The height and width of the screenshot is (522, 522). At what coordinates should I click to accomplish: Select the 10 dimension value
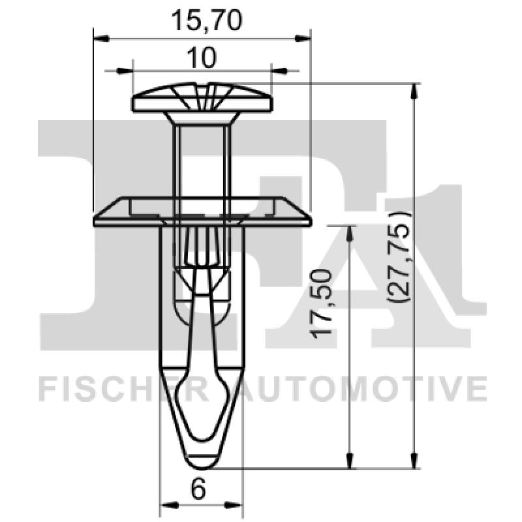(202, 58)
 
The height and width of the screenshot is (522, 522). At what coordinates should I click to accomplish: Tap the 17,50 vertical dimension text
(324, 303)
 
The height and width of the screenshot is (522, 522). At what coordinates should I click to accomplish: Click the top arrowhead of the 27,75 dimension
(413, 90)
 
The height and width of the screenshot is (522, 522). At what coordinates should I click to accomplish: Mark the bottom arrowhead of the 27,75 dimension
(413, 462)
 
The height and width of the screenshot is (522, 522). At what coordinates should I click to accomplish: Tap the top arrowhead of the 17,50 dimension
(350, 232)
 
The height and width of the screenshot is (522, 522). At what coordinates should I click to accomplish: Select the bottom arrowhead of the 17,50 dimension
(350, 462)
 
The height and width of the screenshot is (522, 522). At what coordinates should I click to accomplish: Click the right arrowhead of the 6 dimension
(237, 504)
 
